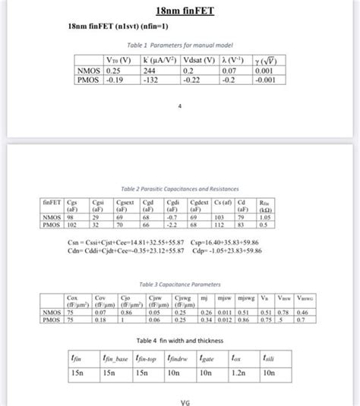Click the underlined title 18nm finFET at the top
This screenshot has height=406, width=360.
click(x=180, y=11)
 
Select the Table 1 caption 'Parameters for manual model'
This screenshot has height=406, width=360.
click(x=179, y=46)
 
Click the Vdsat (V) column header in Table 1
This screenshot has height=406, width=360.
click(x=200, y=58)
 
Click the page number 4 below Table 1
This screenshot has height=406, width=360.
click(x=180, y=105)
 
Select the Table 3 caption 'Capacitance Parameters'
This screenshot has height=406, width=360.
click(x=180, y=283)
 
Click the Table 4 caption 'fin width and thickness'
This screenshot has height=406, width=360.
click(x=180, y=339)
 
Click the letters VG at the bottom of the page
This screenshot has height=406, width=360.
click(x=180, y=401)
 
